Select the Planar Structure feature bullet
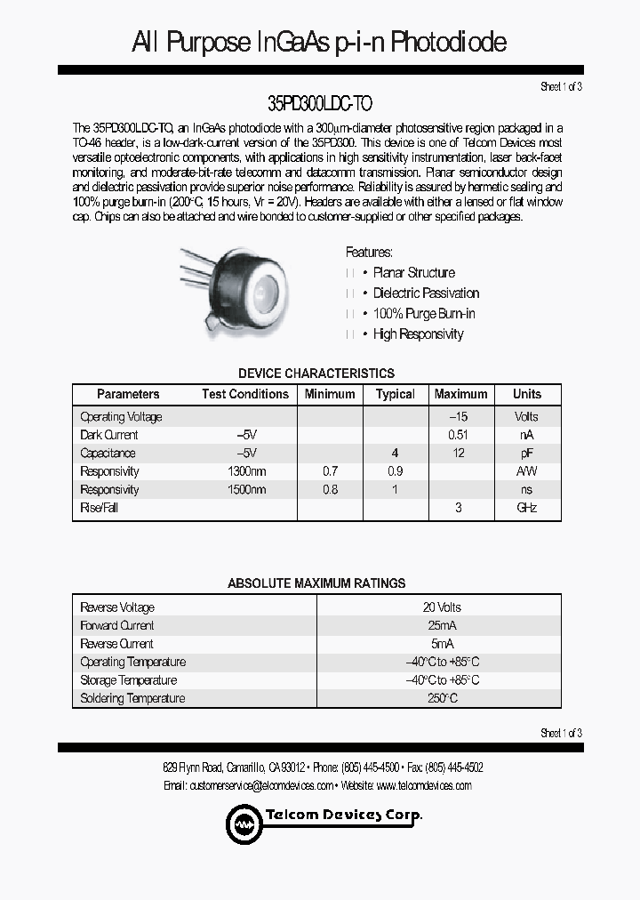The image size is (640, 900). pos(413,273)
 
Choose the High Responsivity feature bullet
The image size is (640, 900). pos(418,334)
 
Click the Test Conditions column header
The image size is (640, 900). pos(244,394)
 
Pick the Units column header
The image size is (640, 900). pos(526,394)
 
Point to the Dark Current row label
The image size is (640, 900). pos(109,435)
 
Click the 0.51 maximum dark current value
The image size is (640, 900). pos(459,435)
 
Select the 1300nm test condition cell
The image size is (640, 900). pos(246,471)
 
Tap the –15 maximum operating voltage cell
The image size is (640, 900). pos(459,416)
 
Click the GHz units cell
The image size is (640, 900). pos(526,508)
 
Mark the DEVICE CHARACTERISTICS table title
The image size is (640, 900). pos(316,374)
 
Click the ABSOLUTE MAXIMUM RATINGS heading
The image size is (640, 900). pos(316,583)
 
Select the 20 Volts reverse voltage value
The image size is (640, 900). pos(442,607)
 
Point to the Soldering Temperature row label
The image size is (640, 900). pos(132,698)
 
